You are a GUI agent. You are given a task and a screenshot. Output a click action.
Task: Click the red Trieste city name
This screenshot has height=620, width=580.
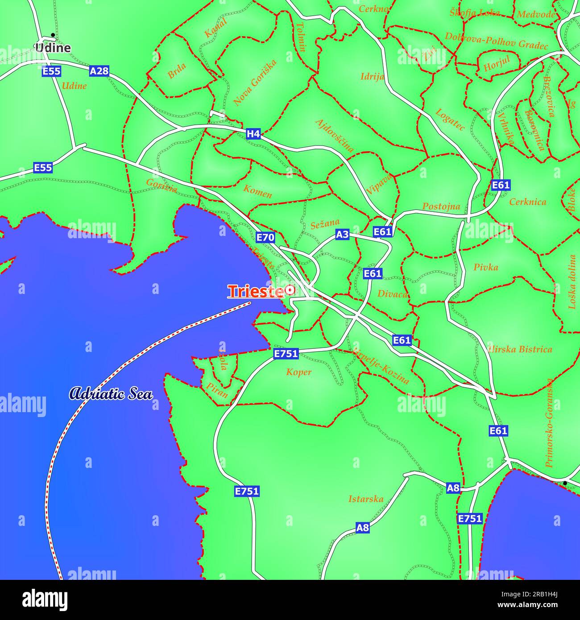coord(256,291)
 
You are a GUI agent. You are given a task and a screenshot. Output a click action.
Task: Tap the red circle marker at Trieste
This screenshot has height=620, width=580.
coord(290,290)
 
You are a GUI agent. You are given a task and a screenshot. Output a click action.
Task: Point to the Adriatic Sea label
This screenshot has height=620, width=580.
coord(111,394)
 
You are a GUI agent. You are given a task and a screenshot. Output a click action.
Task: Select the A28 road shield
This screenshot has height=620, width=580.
coord(99,71)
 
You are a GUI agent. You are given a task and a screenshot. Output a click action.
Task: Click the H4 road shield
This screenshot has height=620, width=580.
coord(253,133)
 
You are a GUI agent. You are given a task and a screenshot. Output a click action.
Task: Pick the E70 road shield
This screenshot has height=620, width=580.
coord(265,237)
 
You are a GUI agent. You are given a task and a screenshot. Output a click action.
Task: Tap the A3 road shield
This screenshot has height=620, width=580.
coord(342,234)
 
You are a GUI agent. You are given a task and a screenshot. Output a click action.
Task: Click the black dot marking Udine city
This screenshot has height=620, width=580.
coord(53,34)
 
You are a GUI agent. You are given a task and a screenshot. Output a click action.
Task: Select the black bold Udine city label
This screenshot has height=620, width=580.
coord(53,48)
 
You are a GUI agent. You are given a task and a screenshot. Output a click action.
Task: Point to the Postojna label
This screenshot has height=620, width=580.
coord(441,207)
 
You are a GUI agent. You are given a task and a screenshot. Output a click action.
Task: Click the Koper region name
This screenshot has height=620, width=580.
coord(298,372)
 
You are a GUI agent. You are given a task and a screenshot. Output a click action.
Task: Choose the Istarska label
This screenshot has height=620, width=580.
coord(365,499)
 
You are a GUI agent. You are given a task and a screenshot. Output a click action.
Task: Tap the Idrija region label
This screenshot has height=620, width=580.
coord(372,76)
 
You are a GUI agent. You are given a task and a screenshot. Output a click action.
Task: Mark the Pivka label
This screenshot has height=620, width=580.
coord(485,267)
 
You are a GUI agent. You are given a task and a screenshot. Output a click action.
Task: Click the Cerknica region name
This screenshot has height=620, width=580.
coord(527,202)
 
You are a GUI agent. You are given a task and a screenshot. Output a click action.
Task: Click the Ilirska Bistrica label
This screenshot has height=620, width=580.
coord(520,349)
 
